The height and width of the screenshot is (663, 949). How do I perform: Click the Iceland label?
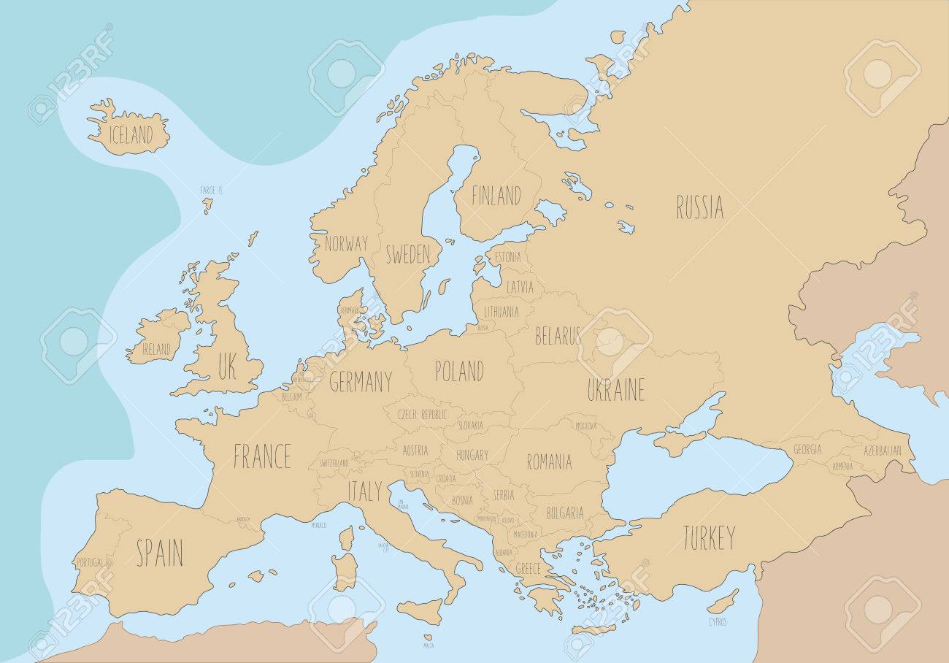pyautogui.click(x=131, y=135)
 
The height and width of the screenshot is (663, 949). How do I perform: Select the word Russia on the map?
pyautogui.click(x=699, y=207)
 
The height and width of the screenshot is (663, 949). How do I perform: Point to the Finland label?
pyautogui.click(x=496, y=196)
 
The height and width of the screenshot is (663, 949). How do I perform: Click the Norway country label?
pyautogui.click(x=346, y=243)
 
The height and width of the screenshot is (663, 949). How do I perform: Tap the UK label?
pyautogui.click(x=226, y=367)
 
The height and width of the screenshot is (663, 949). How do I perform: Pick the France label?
pyautogui.click(x=262, y=456)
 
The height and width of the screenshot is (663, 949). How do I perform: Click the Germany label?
pyautogui.click(x=360, y=381)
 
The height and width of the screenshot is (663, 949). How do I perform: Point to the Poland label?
pyautogui.click(x=458, y=370)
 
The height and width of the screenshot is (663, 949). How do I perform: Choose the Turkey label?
pyautogui.click(x=708, y=538)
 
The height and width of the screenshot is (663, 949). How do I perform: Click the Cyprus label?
pyautogui.click(x=717, y=622)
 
